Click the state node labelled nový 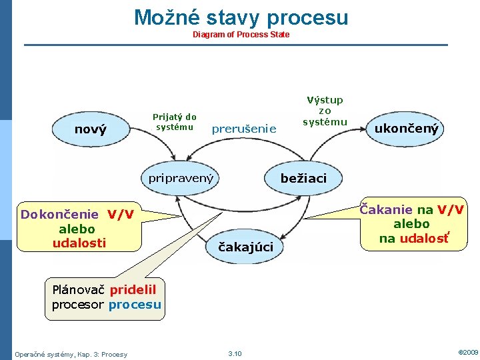(91, 129)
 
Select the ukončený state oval (406, 129)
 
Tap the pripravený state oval (181, 178)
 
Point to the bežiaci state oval (303, 178)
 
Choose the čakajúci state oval (246, 247)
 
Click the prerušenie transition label (243, 129)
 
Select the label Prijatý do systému (175, 121)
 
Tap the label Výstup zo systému (325, 111)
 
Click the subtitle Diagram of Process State (241, 34)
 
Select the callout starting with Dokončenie (78, 228)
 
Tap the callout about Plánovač (107, 297)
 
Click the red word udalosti (79, 243)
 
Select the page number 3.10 (235, 353)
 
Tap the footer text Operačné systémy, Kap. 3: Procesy (71, 353)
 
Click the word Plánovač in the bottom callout (79, 290)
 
